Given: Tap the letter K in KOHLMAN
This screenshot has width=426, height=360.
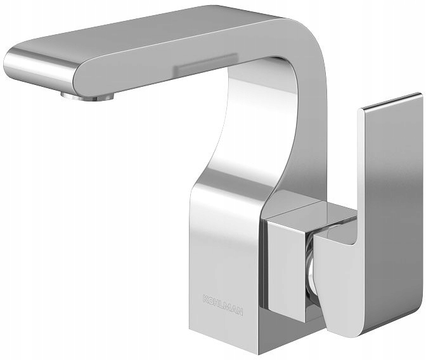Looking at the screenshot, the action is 205,299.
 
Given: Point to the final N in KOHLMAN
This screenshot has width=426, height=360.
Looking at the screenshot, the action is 240,312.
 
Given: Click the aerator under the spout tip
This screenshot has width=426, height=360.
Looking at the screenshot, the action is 87,96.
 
